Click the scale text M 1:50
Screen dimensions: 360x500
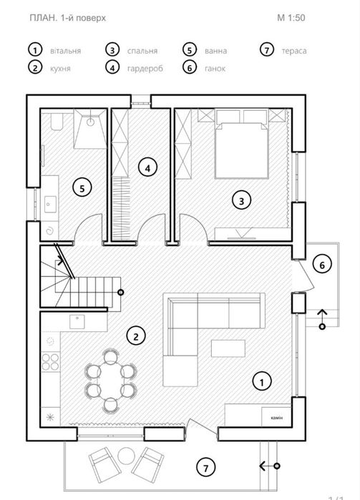(x=291, y=18)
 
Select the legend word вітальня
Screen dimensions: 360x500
(x=65, y=51)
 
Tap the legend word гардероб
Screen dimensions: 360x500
(x=145, y=69)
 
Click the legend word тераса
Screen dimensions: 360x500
(x=294, y=51)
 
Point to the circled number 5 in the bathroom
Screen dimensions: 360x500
(x=82, y=188)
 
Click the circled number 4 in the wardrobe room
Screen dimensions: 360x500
(x=147, y=167)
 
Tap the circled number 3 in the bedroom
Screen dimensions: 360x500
(x=241, y=201)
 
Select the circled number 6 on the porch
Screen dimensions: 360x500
(x=321, y=265)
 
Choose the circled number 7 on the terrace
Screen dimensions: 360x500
(x=205, y=468)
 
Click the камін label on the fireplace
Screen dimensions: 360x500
(x=276, y=418)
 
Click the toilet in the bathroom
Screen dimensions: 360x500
(x=57, y=122)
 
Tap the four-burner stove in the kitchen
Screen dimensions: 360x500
(x=50, y=361)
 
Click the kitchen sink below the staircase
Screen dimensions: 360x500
(x=77, y=321)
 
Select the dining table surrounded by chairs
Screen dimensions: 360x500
(x=110, y=380)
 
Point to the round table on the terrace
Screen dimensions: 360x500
(x=126, y=456)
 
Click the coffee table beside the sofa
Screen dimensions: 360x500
(x=228, y=348)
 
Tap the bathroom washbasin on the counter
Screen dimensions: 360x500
(x=50, y=205)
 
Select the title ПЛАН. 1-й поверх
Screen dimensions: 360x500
(x=68, y=18)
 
